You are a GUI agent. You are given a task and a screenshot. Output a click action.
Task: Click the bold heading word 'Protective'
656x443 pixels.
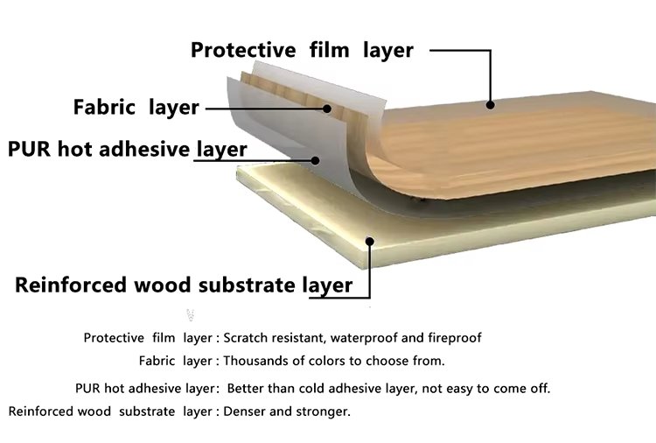pos(243,50)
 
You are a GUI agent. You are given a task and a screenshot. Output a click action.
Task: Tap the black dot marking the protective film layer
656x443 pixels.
pos(491,105)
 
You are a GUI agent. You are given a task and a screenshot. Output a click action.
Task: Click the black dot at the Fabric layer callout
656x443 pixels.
pos(327,109)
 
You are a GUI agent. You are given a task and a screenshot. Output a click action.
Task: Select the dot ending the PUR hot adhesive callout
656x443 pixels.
pos(315,160)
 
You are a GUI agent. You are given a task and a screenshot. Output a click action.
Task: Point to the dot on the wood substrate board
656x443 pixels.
pos(369,242)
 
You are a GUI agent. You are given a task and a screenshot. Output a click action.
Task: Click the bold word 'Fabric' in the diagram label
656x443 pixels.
pos(104,107)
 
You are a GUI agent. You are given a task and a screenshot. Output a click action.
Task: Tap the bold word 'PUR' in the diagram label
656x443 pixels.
pos(29,149)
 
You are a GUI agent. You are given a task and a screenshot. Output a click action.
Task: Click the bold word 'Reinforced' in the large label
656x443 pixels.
pos(71,285)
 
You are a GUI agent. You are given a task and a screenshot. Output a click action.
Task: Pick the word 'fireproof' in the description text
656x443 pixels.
pos(454,338)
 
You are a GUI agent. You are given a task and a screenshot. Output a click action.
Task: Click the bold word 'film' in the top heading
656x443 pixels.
pos(329,50)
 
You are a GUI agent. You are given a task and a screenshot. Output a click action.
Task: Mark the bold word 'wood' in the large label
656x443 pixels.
pos(163,285)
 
